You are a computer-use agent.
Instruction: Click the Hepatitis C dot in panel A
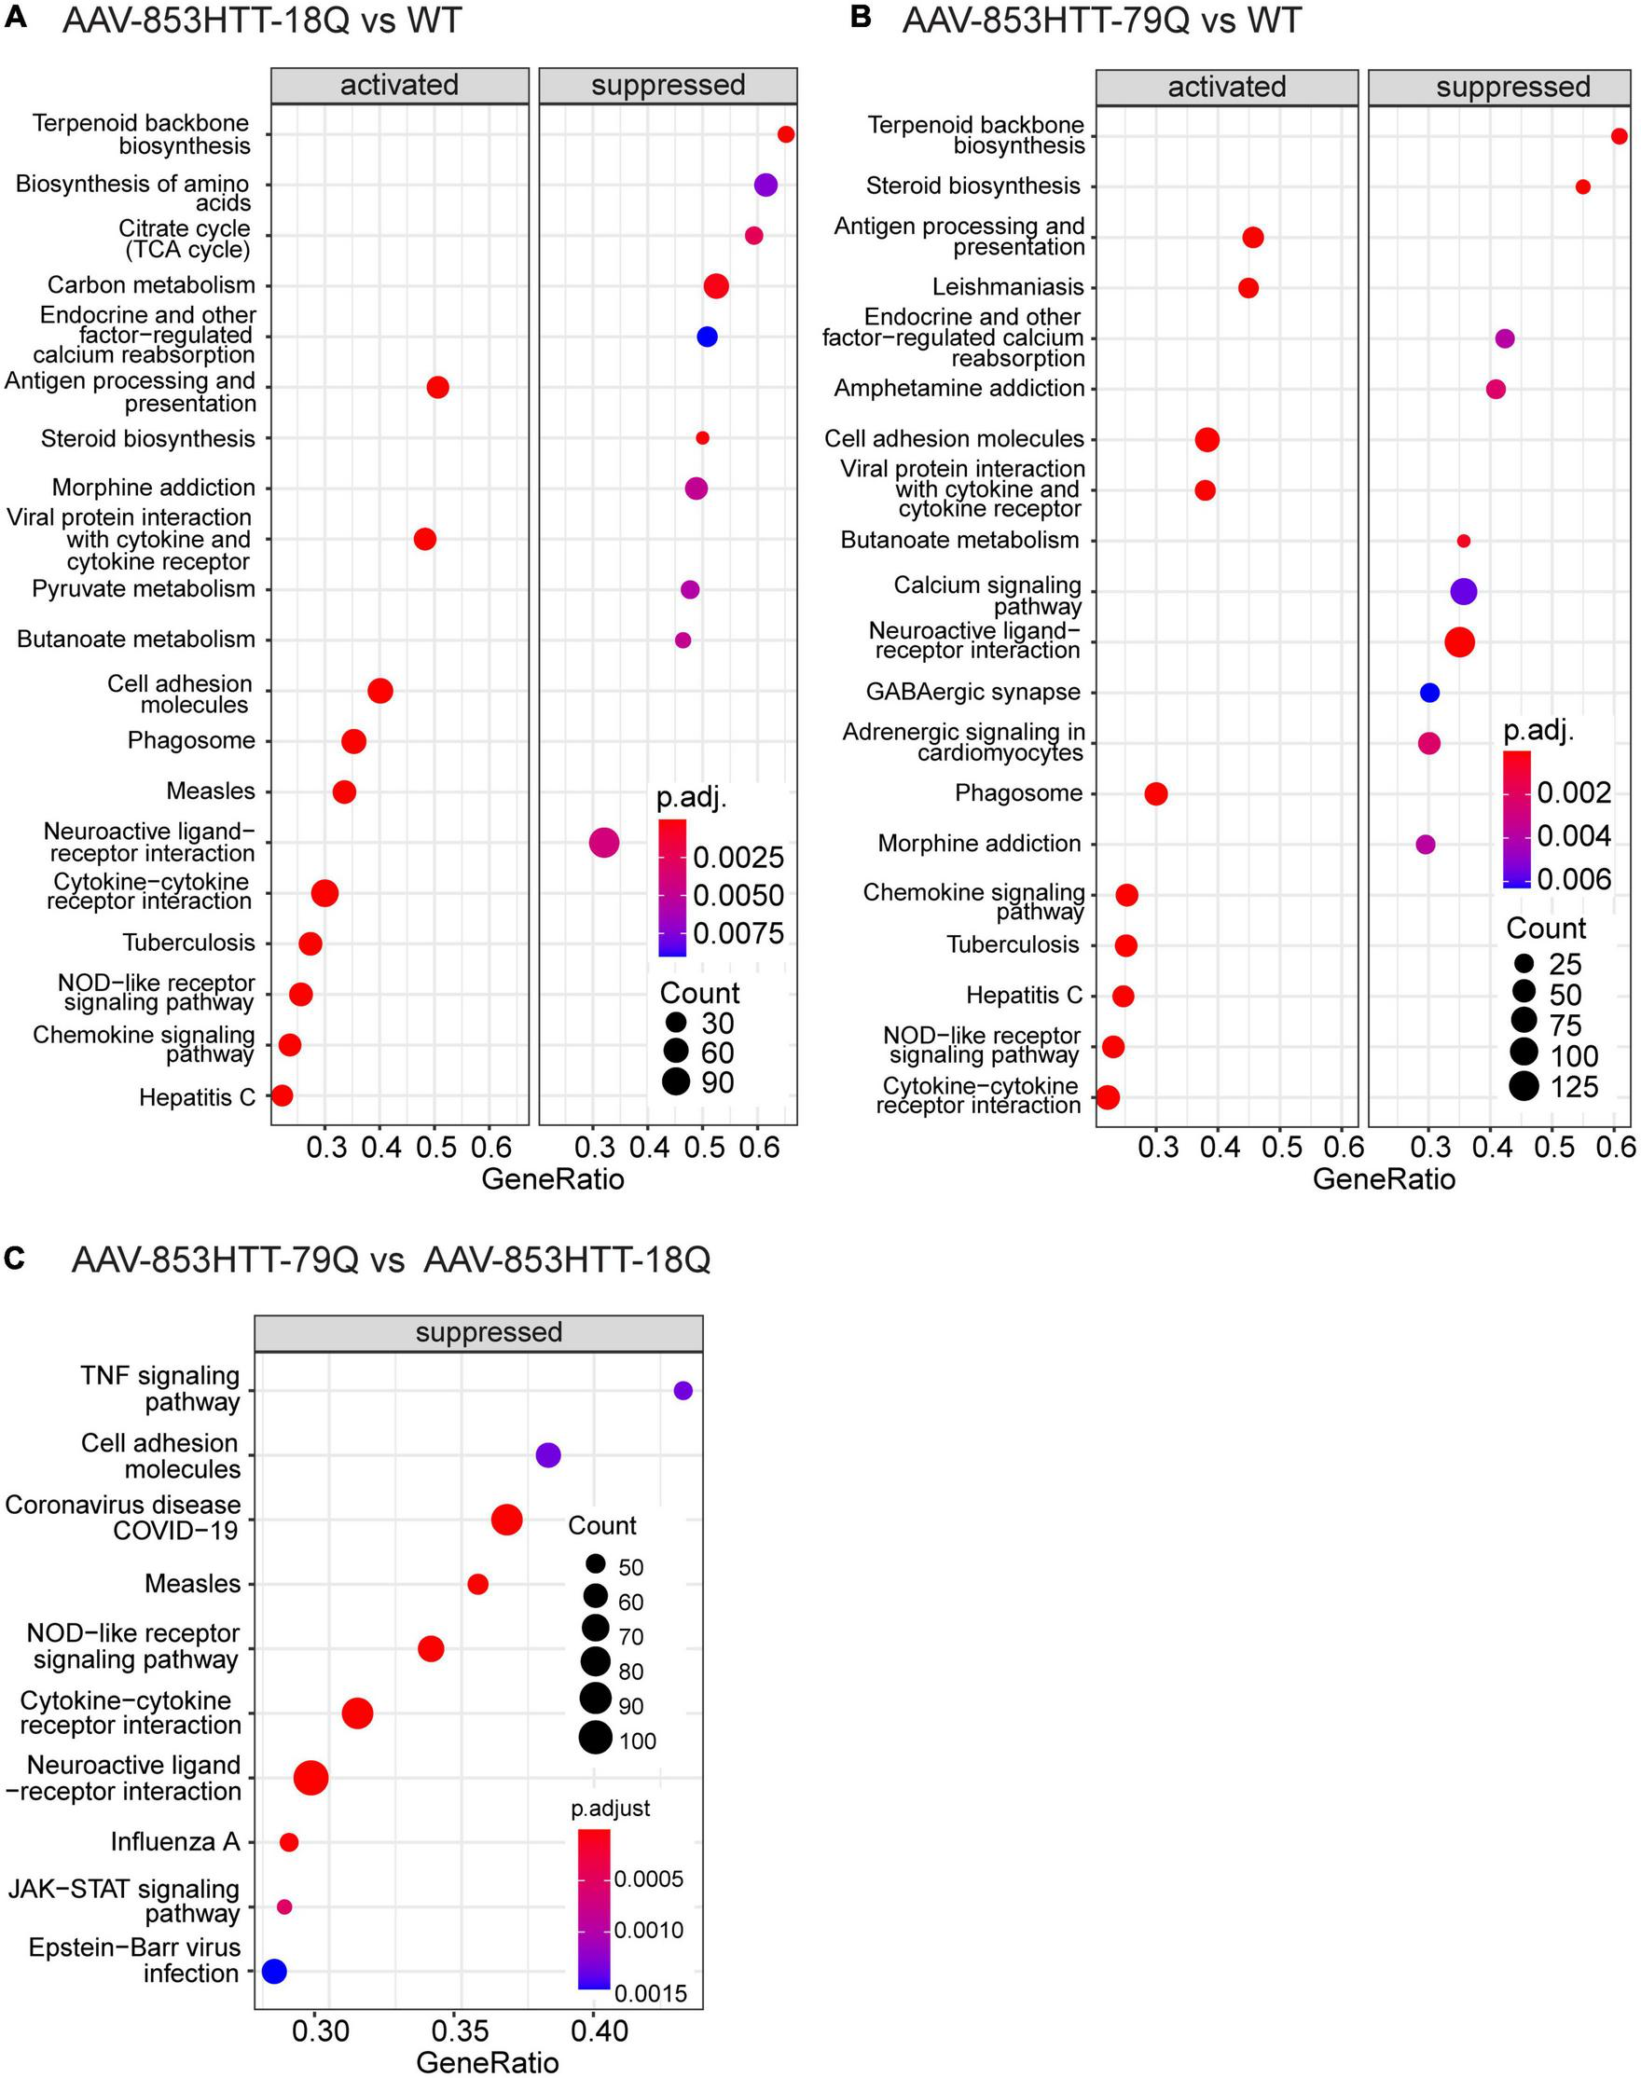[282, 1095]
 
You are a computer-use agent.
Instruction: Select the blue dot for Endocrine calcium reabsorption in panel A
[707, 337]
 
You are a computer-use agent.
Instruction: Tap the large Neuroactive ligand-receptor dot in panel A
[603, 844]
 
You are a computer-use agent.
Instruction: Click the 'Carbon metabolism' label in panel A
[151, 285]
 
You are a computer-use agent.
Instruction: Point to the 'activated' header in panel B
[1226, 87]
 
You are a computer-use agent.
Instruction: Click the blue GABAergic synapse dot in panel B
[1428, 693]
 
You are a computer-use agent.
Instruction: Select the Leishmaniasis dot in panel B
[1248, 287]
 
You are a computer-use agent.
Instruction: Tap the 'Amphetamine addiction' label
[958, 388]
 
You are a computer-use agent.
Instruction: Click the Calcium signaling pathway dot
[1462, 592]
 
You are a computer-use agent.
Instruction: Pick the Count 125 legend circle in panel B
[1524, 1087]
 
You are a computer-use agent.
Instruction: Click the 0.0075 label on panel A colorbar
[738, 933]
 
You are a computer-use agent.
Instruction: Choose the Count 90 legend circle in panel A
[675, 1081]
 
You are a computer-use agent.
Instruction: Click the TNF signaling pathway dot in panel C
[683, 1390]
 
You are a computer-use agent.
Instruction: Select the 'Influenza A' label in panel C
[175, 1841]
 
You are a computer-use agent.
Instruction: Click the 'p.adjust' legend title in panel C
[610, 1808]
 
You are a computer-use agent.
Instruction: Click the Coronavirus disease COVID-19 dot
[506, 1520]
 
